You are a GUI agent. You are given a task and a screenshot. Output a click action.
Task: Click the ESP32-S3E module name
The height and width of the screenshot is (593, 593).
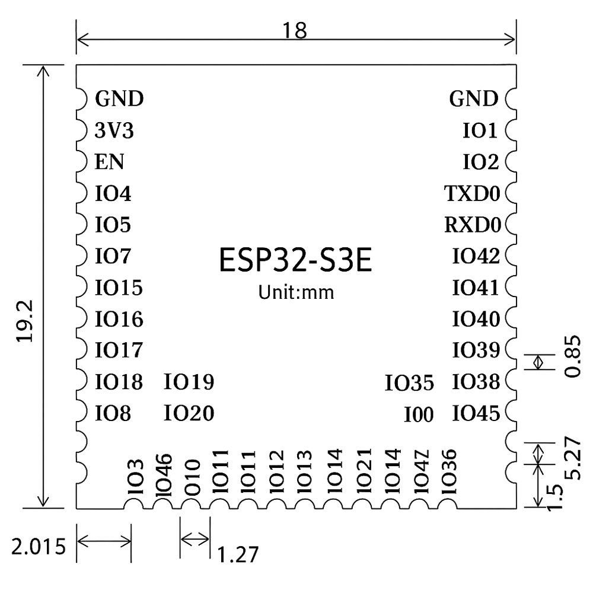296,262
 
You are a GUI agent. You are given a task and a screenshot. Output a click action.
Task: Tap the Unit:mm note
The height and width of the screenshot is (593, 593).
296,292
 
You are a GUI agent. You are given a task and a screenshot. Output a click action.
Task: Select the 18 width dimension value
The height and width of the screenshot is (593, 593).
295,31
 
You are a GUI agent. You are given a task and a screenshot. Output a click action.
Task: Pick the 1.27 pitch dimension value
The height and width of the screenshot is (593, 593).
238,554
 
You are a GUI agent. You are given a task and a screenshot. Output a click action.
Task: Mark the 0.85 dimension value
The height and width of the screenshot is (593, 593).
573,362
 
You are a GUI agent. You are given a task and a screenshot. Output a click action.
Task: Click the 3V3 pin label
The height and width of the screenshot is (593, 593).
114,131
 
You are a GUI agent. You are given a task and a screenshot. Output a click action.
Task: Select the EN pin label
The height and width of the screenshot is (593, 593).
109,162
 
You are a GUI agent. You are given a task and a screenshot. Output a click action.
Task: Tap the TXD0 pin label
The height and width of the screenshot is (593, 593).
473,193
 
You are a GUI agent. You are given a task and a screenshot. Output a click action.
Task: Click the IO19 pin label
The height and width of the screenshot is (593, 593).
189,382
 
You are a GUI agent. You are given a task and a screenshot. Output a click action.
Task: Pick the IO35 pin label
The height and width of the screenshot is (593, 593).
409,384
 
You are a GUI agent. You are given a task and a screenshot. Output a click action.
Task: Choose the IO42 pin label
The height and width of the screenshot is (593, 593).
476,257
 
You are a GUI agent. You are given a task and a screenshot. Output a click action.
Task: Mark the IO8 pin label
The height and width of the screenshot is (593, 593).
113,413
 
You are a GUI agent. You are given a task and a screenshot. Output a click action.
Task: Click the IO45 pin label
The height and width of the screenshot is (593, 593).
476,413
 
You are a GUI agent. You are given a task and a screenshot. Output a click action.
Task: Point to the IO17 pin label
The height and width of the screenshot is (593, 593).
119,350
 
